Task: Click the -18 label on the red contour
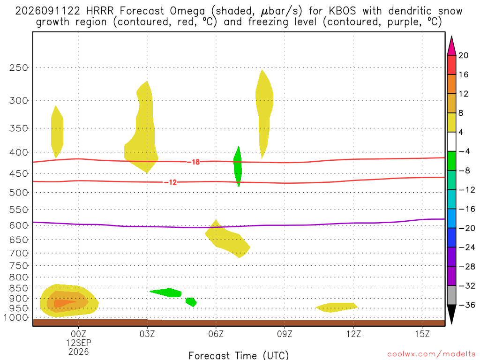(x=194, y=162)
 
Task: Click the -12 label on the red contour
(x=171, y=182)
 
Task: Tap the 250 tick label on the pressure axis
(x=19, y=67)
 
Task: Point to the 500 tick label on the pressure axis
(x=19, y=193)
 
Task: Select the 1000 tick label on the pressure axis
(x=16, y=318)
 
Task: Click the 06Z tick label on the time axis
(x=216, y=334)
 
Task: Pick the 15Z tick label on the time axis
(x=422, y=334)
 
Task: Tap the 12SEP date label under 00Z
(x=79, y=343)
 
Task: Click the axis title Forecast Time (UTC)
(x=239, y=355)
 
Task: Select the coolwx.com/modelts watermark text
(x=431, y=354)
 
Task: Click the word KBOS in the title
(x=342, y=11)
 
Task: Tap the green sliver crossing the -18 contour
(x=238, y=166)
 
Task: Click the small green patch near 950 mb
(x=191, y=302)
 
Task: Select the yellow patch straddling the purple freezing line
(x=227, y=239)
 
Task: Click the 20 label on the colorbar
(x=464, y=55)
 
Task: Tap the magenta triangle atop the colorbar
(x=451, y=45)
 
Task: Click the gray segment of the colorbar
(x=451, y=295)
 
